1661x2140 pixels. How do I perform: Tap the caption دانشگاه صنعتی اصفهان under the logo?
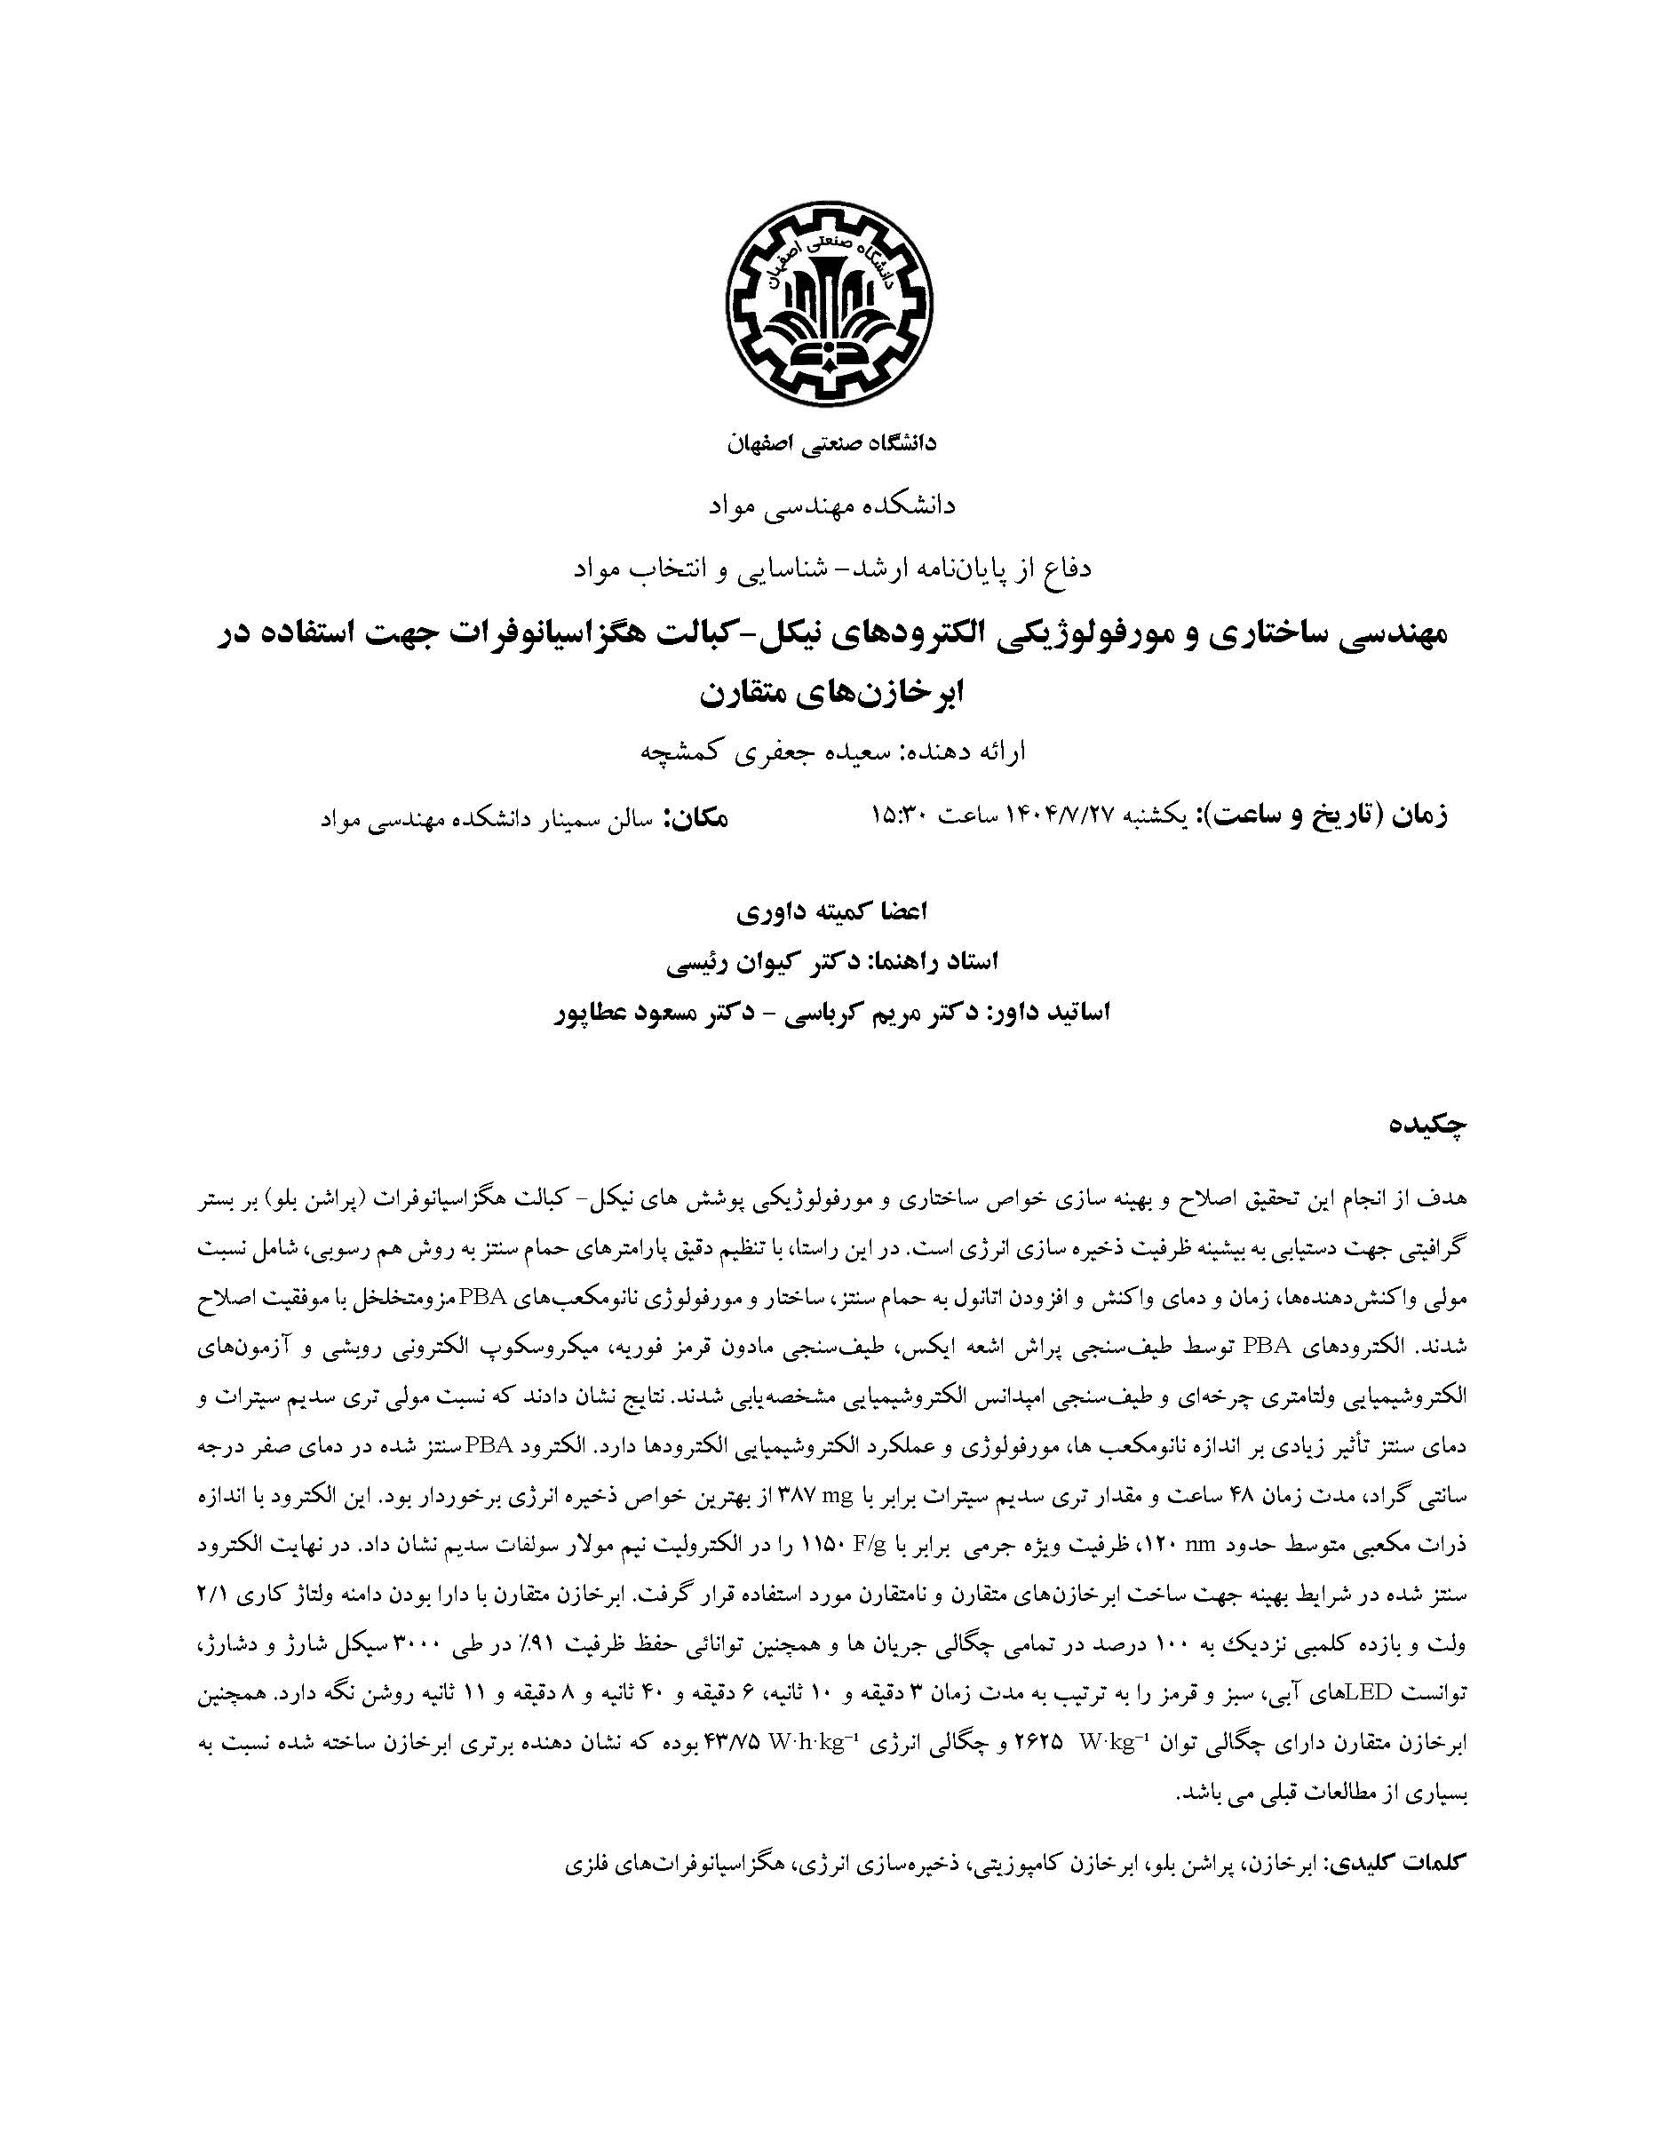(831, 444)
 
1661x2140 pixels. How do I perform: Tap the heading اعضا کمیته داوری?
(831, 911)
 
